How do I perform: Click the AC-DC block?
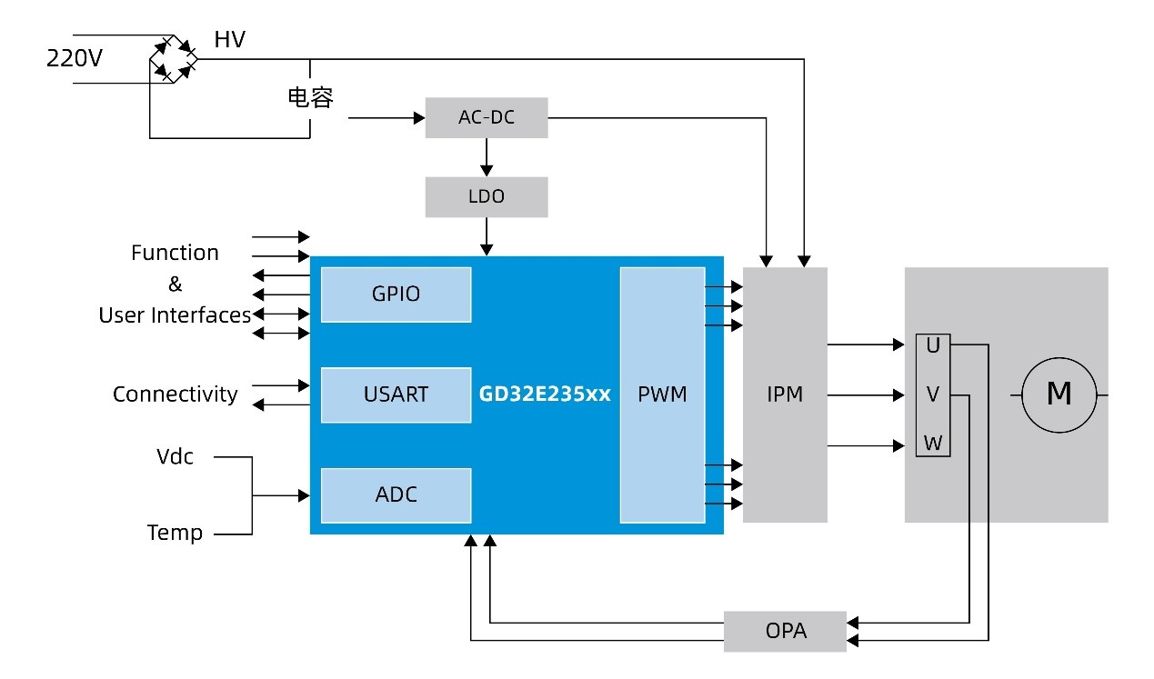pyautogui.click(x=487, y=118)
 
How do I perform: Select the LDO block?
pyautogui.click(x=487, y=196)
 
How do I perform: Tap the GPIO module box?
pyautogui.click(x=396, y=295)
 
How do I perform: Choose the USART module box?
pyautogui.click(x=396, y=394)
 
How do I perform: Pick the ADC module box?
pyautogui.click(x=396, y=495)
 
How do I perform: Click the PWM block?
pyautogui.click(x=662, y=394)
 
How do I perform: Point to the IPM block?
pyautogui.click(x=785, y=394)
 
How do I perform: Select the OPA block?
pyautogui.click(x=785, y=631)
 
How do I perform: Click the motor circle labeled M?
pyautogui.click(x=1059, y=394)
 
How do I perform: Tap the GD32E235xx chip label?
pyautogui.click(x=545, y=395)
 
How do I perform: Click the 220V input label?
pyautogui.click(x=75, y=59)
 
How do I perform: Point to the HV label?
pyautogui.click(x=229, y=40)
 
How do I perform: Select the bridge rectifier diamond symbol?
pyautogui.click(x=174, y=59)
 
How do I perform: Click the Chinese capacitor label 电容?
pyautogui.click(x=310, y=98)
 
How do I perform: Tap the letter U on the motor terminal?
pyautogui.click(x=932, y=346)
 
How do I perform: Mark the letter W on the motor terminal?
pyautogui.click(x=932, y=444)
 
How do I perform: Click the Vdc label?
pyautogui.click(x=175, y=456)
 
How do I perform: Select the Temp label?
pyautogui.click(x=175, y=533)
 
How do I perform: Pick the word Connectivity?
pyautogui.click(x=175, y=394)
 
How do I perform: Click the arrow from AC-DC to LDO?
pyautogui.click(x=487, y=157)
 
